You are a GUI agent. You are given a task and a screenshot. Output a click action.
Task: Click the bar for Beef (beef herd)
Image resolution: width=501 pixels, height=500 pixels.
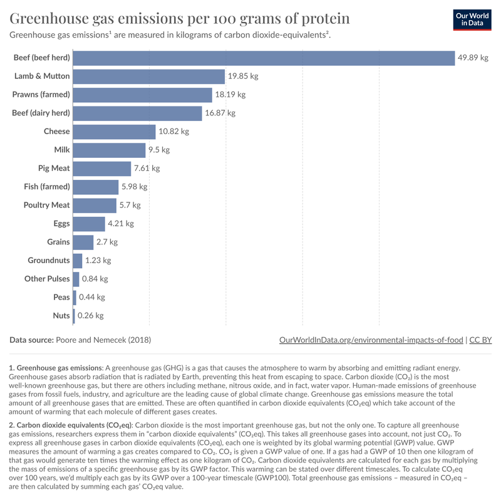(263, 58)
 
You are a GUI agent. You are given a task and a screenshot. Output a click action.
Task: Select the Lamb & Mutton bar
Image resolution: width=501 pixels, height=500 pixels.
(148, 76)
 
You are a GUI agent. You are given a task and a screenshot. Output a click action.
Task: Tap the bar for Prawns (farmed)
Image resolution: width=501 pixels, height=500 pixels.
(142, 95)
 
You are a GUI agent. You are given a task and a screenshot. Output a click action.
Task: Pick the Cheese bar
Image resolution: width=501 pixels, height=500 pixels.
(114, 132)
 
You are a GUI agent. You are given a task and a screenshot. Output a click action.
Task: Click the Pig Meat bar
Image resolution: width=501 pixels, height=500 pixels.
(102, 169)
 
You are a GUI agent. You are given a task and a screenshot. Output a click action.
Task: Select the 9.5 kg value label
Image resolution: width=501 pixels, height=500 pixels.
(159, 150)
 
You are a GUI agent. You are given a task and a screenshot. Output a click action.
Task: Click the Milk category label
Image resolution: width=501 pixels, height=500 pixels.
(62, 150)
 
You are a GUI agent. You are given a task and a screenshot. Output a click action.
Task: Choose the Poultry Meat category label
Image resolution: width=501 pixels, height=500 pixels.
(46, 206)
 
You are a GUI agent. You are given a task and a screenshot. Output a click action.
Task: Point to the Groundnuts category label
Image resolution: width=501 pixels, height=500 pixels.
(49, 261)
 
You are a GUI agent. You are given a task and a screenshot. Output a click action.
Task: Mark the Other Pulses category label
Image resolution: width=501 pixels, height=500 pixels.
(47, 279)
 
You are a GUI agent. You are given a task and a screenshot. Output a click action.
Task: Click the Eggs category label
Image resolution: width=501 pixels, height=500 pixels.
(61, 224)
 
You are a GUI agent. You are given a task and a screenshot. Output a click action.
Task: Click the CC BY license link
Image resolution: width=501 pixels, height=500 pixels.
(480, 340)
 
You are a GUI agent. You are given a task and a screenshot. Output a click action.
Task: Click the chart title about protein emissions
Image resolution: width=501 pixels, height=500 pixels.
(180, 18)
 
